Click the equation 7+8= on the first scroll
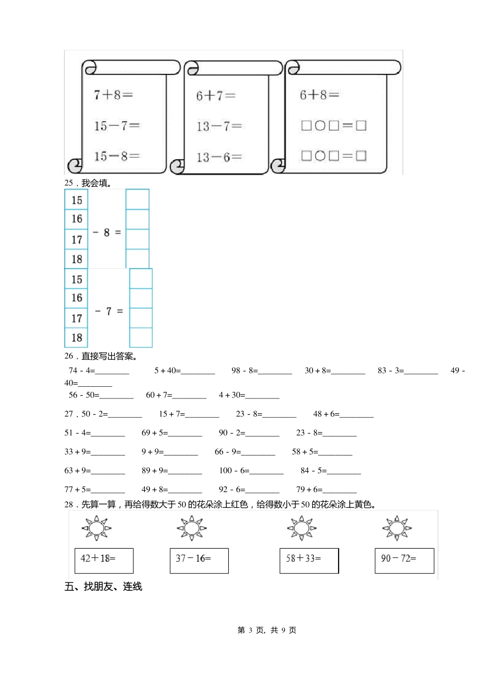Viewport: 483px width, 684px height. [x=113, y=95]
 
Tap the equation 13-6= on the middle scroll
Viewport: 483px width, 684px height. [x=219, y=157]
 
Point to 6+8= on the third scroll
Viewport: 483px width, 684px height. [x=319, y=95]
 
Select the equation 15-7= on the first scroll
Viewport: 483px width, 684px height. [x=116, y=126]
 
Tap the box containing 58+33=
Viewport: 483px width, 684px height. [x=309, y=560]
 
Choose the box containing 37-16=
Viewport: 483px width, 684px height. [x=199, y=560]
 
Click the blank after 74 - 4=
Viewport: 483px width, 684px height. [x=112, y=372]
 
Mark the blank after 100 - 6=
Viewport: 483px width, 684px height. [x=266, y=471]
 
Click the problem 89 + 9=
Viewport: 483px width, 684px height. [x=155, y=471]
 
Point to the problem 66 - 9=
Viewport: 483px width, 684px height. [x=228, y=452]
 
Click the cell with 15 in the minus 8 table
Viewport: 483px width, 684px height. [x=76, y=200]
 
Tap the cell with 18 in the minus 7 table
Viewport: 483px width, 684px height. [x=77, y=337]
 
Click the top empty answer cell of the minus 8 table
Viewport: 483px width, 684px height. [x=137, y=199]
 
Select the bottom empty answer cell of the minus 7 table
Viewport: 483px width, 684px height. [x=141, y=337]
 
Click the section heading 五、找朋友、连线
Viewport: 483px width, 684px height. [x=103, y=587]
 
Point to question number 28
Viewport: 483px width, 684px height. [x=69, y=505]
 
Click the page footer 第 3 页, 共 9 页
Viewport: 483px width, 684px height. [x=267, y=630]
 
